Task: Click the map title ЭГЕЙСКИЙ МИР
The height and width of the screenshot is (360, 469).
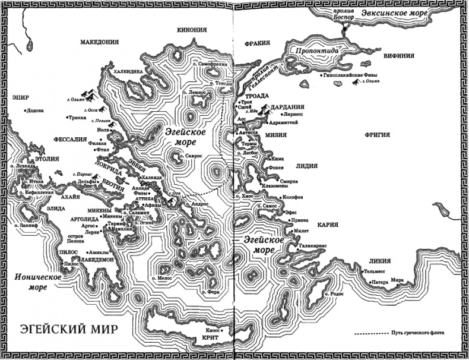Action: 68,329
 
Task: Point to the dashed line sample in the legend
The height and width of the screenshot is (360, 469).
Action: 369,333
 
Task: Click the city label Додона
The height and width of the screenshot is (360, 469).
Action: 36,110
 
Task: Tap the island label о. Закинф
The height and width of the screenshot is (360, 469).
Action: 24,226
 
